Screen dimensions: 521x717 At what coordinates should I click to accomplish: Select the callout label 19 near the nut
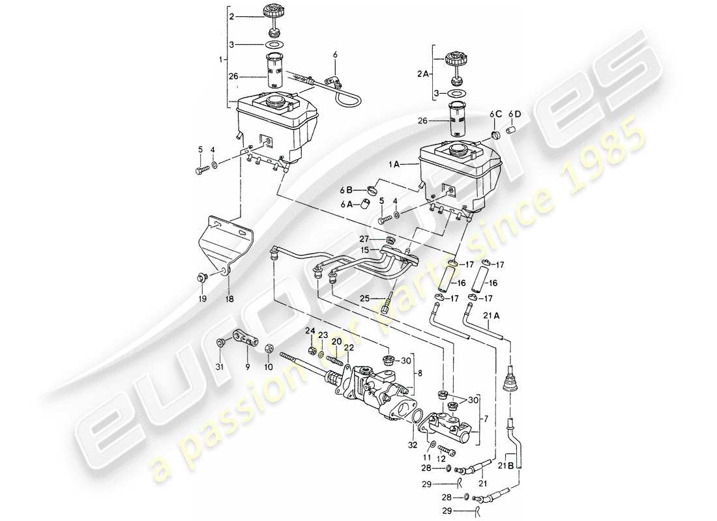pos(203,299)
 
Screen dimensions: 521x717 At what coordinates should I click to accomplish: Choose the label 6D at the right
pos(516,114)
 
